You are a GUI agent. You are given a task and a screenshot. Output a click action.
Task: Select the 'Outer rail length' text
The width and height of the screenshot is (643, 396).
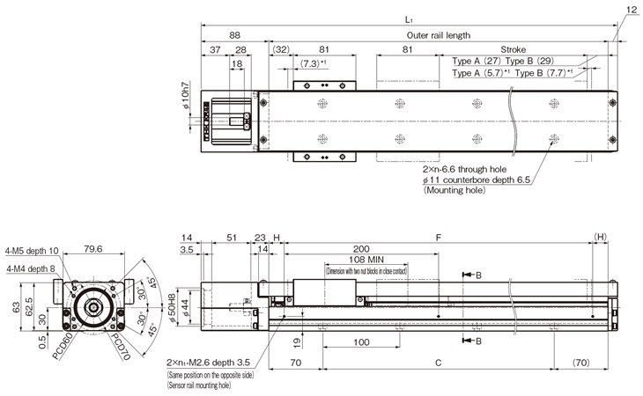(x=439, y=35)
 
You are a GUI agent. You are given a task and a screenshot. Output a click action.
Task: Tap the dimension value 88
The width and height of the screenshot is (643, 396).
(x=234, y=35)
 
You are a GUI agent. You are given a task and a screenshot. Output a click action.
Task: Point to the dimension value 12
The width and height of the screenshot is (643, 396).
(x=630, y=10)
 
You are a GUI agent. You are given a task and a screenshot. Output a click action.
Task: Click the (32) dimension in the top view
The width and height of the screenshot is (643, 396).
(x=281, y=49)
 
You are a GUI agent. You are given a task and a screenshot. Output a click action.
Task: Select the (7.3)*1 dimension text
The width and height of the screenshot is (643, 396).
(x=314, y=63)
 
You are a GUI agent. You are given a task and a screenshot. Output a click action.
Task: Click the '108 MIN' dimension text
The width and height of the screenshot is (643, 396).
(x=380, y=260)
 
